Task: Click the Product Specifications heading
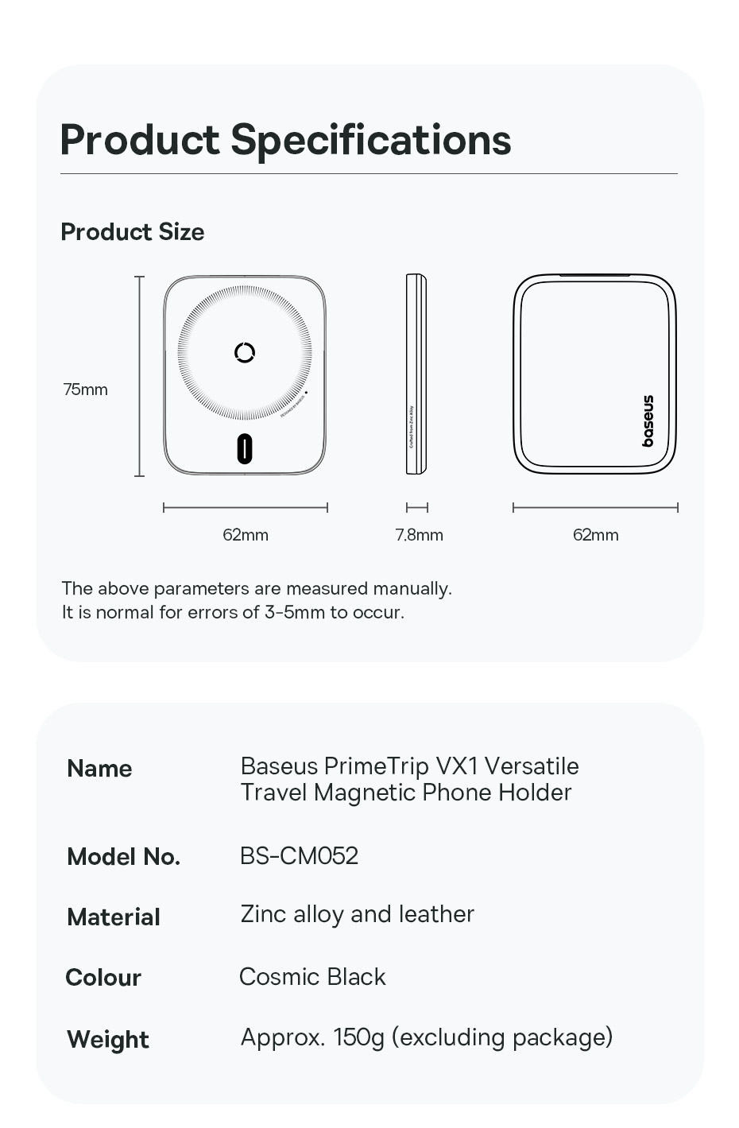click(x=285, y=140)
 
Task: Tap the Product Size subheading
click(x=133, y=232)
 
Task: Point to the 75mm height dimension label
click(x=85, y=390)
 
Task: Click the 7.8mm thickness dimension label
click(x=419, y=535)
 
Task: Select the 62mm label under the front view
click(x=246, y=535)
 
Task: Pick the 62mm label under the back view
click(x=595, y=535)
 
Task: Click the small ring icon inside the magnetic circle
click(x=245, y=352)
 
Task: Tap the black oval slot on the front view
click(x=245, y=449)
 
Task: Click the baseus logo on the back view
click(x=648, y=421)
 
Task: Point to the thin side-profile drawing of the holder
click(x=416, y=374)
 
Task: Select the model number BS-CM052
click(x=299, y=856)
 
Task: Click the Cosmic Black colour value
click(x=312, y=977)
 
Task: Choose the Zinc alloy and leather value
click(x=357, y=914)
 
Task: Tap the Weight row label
click(x=108, y=1040)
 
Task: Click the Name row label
click(x=99, y=769)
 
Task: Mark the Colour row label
click(x=103, y=978)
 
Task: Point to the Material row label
click(x=114, y=917)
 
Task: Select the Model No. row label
click(x=123, y=857)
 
